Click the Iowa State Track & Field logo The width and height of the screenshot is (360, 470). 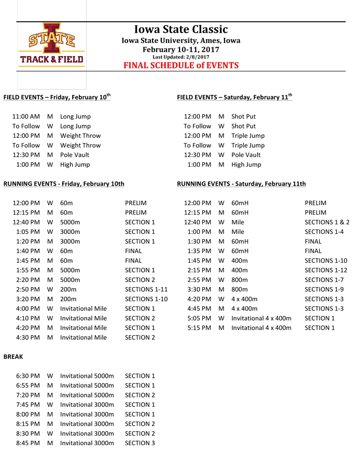[x=51, y=45]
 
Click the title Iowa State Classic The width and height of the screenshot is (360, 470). [x=181, y=30]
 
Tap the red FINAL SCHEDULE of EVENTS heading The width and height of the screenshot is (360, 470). [x=181, y=65]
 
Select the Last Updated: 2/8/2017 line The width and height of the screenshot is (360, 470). [x=181, y=57]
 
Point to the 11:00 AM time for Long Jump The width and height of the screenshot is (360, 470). [x=26, y=117]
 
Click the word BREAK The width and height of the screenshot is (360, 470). [x=13, y=357]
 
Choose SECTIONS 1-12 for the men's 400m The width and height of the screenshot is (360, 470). [x=326, y=270]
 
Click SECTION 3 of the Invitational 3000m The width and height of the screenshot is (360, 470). [x=140, y=443]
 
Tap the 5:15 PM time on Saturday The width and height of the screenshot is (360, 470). [x=199, y=327]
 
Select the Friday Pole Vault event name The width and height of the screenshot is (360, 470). [x=75, y=155]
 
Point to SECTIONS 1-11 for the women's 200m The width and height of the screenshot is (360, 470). [x=146, y=289]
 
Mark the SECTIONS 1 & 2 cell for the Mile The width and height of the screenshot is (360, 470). [x=327, y=222]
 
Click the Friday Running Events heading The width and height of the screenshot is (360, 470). [x=64, y=184]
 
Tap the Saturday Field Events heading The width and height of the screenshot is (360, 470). [x=234, y=97]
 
